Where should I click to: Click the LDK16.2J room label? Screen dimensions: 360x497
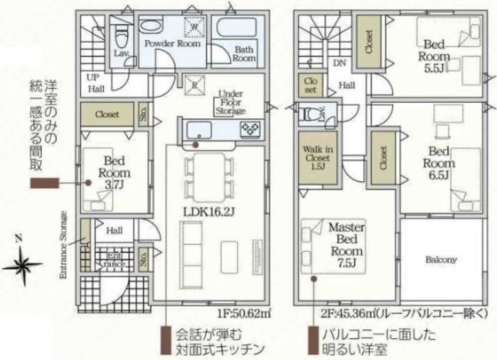click(209, 212)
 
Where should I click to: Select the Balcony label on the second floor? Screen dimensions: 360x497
click(441, 259)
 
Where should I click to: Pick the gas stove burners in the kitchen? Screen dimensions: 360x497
click(250, 128)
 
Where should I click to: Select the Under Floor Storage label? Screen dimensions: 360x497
click(230, 103)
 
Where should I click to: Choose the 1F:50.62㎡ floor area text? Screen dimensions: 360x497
click(244, 313)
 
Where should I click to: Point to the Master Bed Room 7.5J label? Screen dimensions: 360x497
click(347, 245)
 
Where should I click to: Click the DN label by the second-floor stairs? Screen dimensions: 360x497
click(340, 63)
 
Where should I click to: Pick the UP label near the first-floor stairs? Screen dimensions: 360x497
click(93, 77)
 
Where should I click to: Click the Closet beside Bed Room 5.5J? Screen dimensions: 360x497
click(369, 42)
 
